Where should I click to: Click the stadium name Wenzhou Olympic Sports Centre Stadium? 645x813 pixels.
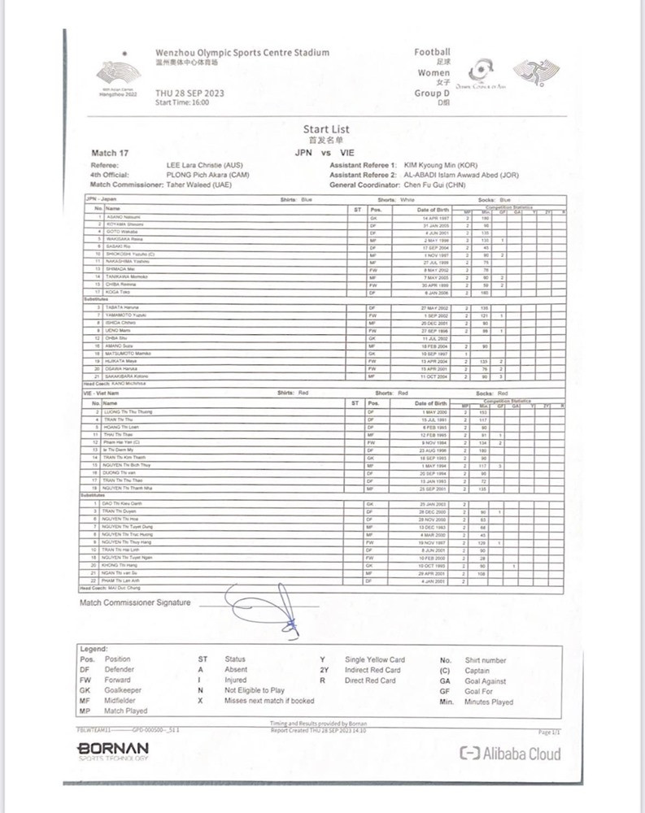[242, 53]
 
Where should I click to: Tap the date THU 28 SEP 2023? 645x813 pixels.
[190, 93]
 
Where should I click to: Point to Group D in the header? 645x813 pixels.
[432, 93]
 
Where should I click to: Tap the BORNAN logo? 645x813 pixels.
[113, 748]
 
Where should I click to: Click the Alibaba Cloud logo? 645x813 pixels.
[511, 754]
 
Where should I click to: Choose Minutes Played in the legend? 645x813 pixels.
[488, 702]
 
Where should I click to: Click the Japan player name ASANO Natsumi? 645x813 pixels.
[121, 218]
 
